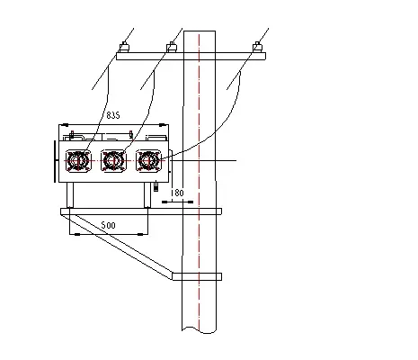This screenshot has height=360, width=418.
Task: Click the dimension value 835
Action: [x=113, y=116]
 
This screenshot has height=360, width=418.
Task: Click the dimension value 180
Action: [x=176, y=193]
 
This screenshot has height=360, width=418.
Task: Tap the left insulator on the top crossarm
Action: [x=123, y=45]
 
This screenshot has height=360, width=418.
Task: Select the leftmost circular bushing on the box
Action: [x=77, y=162]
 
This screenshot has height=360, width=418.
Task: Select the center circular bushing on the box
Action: [x=112, y=162]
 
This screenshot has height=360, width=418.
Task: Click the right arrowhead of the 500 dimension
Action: [x=147, y=234]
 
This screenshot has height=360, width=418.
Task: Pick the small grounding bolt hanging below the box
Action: [x=157, y=188]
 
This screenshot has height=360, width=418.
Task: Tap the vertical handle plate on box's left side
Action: [x=57, y=162]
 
